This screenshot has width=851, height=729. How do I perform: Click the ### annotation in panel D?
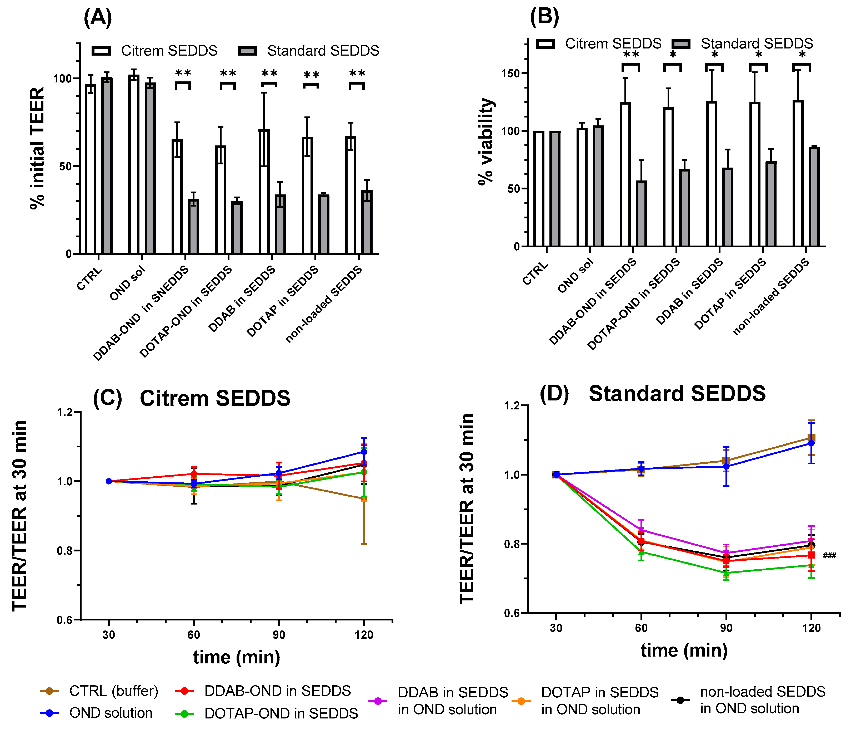829,556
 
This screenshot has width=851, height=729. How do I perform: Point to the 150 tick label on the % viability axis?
510,74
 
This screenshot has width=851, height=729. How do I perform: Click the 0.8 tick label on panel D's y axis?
512,544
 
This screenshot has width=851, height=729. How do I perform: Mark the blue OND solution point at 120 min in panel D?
811,443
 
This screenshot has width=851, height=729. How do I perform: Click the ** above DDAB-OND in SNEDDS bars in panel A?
183,73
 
